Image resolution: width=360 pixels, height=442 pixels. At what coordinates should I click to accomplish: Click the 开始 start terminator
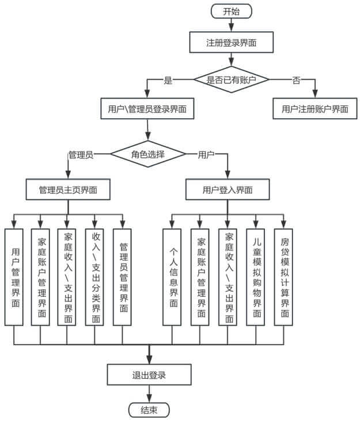(x=232, y=12)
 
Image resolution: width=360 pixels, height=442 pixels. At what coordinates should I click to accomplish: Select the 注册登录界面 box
(x=232, y=42)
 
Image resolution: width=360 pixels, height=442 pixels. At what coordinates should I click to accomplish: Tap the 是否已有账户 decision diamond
(x=232, y=80)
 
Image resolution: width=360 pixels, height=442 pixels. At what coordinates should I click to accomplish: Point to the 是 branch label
(x=168, y=80)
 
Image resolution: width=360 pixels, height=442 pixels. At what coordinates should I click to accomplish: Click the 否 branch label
(x=296, y=80)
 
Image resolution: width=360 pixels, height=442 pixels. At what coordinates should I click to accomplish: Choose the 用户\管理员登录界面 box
(x=147, y=108)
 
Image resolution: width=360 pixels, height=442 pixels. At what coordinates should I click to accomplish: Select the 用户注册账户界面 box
(x=315, y=108)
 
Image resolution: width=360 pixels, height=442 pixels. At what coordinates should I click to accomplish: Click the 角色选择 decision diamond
(x=148, y=154)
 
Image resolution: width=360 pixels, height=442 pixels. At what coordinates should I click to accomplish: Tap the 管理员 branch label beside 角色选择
(x=81, y=155)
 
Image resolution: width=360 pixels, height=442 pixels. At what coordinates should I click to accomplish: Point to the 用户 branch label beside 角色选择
(x=206, y=154)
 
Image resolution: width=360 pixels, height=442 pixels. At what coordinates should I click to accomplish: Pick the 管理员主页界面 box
(x=68, y=190)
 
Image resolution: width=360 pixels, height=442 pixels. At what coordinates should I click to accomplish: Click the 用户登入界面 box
(x=228, y=190)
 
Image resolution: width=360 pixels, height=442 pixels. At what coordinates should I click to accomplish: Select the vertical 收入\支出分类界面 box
(x=94, y=277)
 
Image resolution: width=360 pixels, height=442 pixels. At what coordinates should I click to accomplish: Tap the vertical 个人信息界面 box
(x=172, y=277)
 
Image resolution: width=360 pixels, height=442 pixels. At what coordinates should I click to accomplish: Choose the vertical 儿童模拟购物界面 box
(x=256, y=277)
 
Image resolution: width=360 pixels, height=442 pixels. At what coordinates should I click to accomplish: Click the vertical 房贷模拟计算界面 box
(x=283, y=277)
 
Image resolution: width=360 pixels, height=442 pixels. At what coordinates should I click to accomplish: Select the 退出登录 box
(x=149, y=375)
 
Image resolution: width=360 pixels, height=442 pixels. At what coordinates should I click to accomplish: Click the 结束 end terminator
(x=149, y=410)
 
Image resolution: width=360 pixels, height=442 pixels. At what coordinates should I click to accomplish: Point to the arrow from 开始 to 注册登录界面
(x=232, y=25)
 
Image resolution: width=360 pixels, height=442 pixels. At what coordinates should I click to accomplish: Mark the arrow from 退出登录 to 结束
(x=149, y=394)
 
